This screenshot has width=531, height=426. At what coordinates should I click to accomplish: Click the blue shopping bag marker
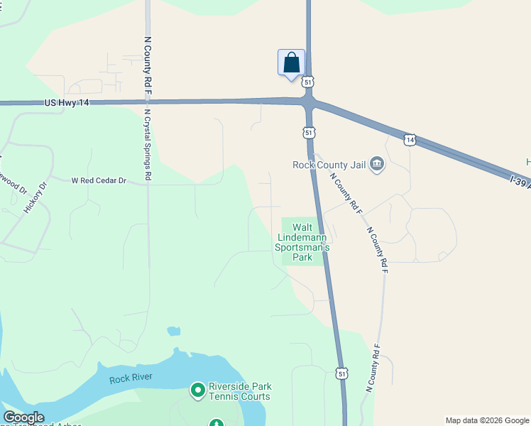click(291, 62)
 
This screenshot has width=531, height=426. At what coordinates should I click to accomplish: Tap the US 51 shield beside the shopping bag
click(307, 82)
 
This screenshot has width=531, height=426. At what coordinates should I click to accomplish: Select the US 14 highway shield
click(410, 140)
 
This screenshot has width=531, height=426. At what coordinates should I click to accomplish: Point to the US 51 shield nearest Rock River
click(342, 373)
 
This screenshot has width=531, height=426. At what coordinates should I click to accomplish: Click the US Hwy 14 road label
click(67, 103)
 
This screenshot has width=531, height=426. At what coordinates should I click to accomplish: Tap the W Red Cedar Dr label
click(99, 181)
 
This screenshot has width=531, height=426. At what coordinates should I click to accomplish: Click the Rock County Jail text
click(329, 165)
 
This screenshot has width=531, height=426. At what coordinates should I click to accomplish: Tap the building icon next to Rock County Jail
click(377, 165)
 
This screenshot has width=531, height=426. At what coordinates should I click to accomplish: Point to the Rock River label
click(131, 378)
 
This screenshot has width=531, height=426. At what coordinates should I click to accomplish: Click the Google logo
click(23, 417)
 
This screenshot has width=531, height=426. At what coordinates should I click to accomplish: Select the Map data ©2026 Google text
click(487, 420)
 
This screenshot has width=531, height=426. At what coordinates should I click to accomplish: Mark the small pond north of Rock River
click(174, 331)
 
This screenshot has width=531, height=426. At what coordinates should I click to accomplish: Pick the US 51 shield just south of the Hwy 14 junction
click(309, 132)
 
